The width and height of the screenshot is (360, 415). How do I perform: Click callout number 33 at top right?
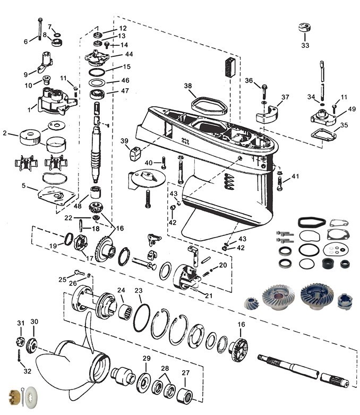(x=305, y=46)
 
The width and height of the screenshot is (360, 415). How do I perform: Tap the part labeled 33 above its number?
(x=305, y=28)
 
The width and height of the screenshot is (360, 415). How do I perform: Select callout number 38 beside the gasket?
(x=188, y=86)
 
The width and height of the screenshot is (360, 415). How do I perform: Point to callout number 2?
(x=5, y=133)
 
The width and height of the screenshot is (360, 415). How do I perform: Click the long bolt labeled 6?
(x=40, y=29)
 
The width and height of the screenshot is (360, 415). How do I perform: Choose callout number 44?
(x=129, y=54)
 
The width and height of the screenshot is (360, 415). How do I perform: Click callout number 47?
(x=125, y=91)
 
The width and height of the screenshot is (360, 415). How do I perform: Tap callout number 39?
(x=124, y=141)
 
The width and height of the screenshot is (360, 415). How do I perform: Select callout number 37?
(x=286, y=97)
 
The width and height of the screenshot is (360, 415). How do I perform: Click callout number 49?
(x=352, y=109)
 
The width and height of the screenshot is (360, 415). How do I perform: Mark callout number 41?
(x=295, y=176)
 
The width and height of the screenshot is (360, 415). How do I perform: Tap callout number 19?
(x=53, y=246)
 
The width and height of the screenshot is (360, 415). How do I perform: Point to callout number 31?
(x=21, y=323)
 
